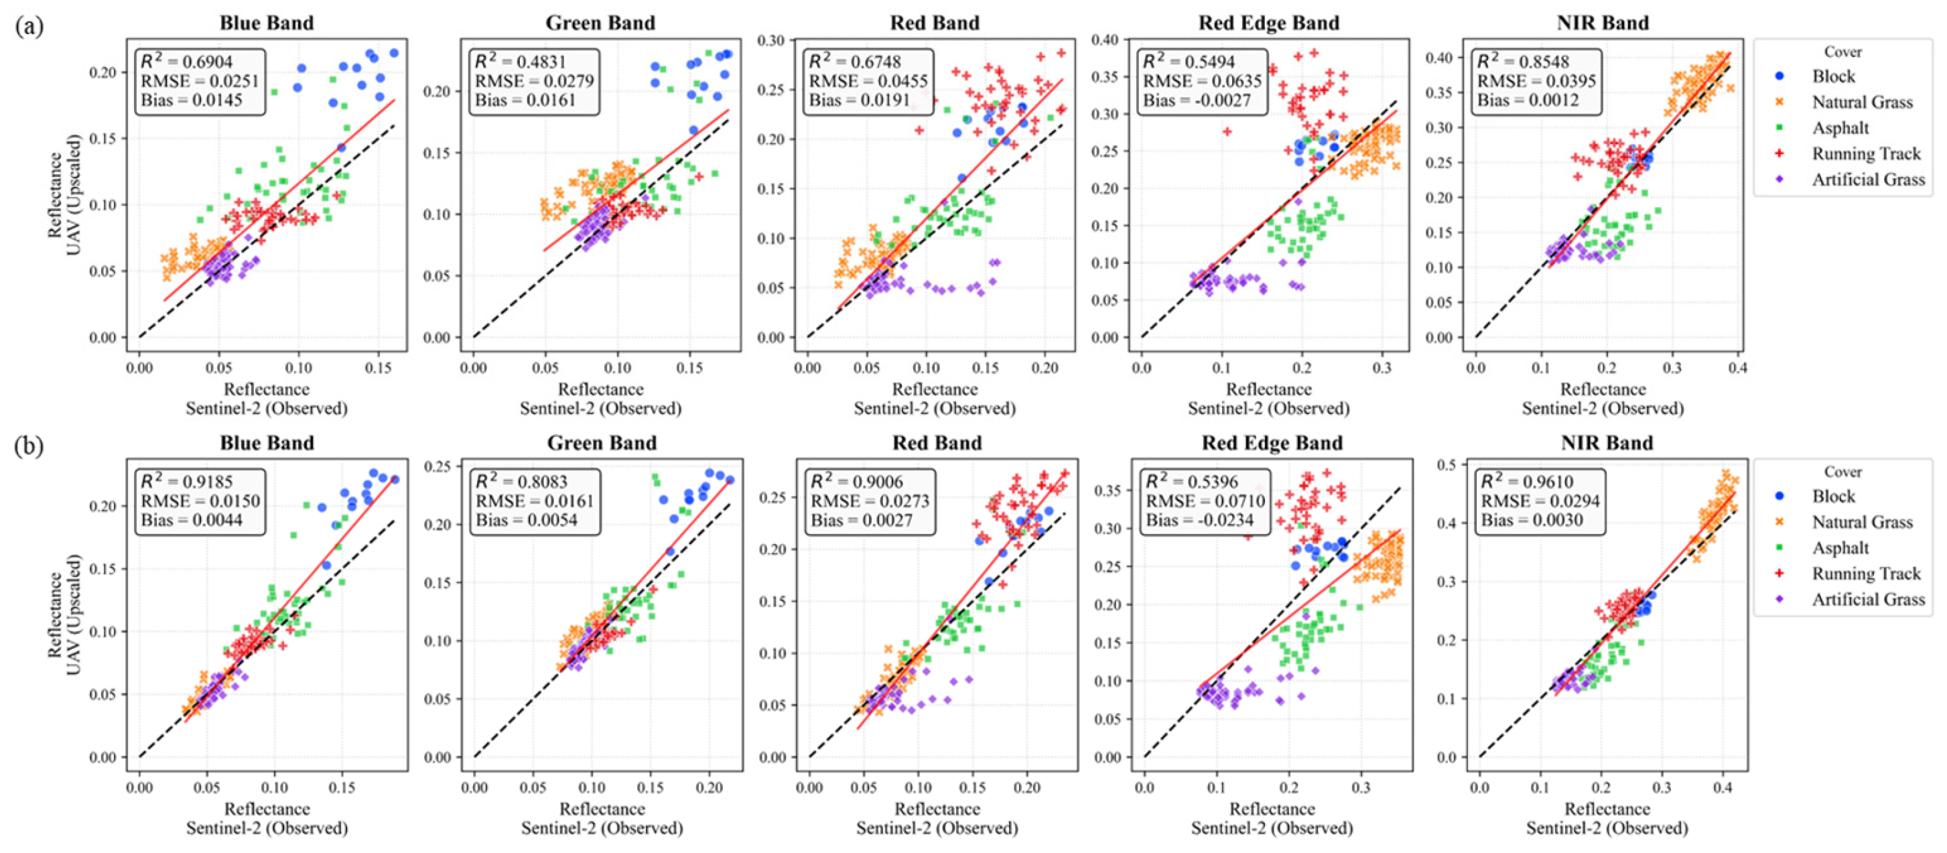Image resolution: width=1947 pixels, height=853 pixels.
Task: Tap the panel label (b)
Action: click(29, 446)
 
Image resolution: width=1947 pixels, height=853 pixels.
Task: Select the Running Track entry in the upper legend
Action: click(1865, 153)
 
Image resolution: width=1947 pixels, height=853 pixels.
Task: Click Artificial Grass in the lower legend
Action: click(1868, 600)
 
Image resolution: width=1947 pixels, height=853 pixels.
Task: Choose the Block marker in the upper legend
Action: click(1780, 76)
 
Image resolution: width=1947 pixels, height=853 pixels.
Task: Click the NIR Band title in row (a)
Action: click(1603, 23)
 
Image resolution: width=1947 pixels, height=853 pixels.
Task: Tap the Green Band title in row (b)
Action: click(602, 442)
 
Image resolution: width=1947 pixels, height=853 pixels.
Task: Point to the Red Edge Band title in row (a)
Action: click(1268, 23)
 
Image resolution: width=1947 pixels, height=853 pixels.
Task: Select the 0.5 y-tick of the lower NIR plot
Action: click(1447, 464)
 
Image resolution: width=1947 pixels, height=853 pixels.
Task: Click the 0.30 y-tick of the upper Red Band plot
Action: click(772, 40)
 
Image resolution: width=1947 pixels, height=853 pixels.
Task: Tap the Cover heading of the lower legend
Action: click(1842, 472)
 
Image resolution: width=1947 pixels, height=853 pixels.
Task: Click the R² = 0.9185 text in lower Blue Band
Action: click(187, 482)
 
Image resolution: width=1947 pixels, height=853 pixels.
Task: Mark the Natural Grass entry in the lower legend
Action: click(1862, 522)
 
